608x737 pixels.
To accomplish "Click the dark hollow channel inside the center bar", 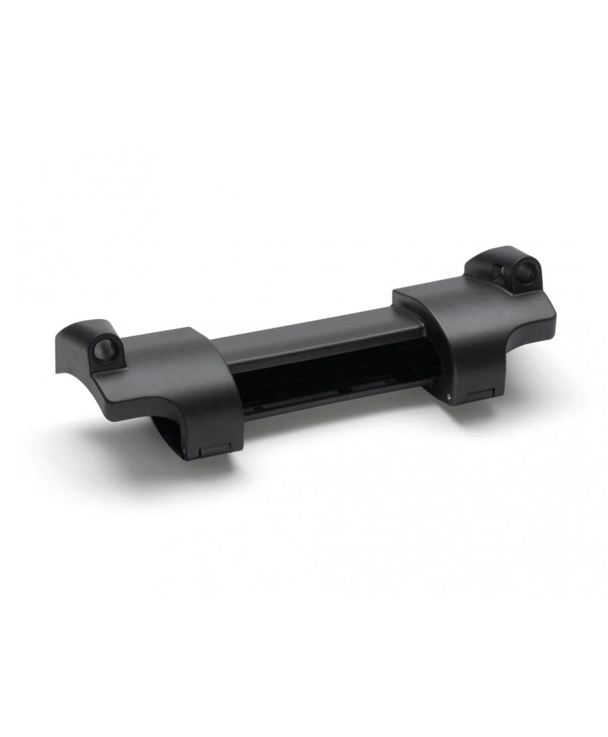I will pyautogui.click(x=332, y=379).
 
